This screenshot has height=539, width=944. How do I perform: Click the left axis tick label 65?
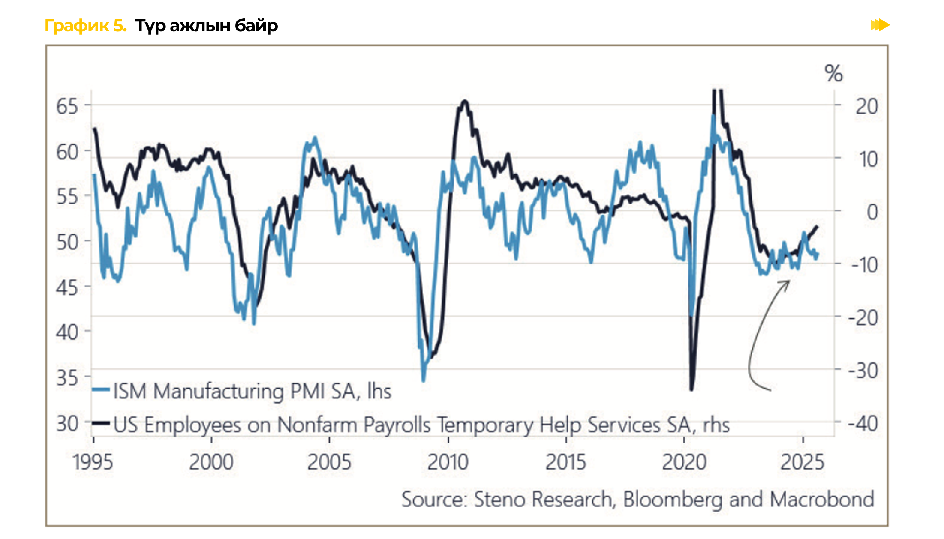tap(67, 106)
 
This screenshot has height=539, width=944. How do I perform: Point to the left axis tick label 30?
tap(67, 424)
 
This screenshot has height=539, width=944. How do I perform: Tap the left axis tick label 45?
tap(67, 287)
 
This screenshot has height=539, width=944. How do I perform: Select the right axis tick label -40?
tap(863, 424)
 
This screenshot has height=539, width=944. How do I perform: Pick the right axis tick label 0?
tap(872, 212)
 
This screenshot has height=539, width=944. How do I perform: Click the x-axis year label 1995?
tap(93, 462)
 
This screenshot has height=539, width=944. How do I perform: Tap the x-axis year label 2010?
tap(448, 462)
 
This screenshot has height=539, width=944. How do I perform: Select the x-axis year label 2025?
tap(803, 462)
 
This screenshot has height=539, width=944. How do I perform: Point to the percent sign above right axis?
tap(833, 73)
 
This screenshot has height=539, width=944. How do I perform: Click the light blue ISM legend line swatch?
tap(101, 389)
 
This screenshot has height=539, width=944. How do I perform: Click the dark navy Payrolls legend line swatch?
tap(101, 423)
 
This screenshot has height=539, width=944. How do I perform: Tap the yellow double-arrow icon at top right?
tap(880, 25)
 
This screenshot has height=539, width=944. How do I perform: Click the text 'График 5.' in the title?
tap(86, 26)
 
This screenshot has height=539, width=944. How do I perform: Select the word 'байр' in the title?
tap(256, 26)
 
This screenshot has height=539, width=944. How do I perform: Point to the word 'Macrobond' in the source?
tap(822, 500)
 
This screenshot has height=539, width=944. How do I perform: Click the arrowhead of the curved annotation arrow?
tap(788, 282)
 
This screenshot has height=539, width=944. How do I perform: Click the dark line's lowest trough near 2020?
tap(691, 389)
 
